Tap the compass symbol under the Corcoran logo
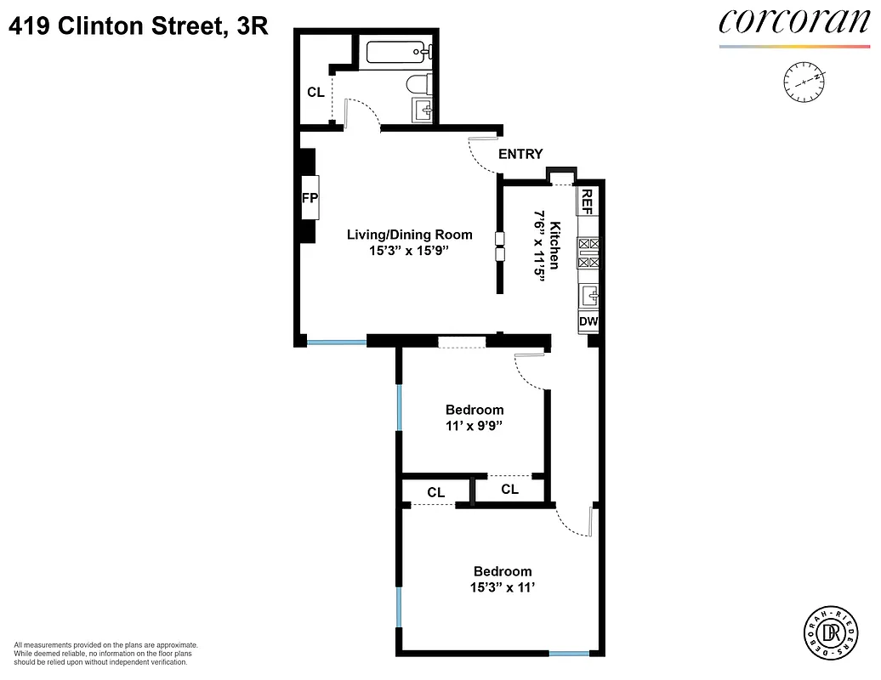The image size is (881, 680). click(804, 80)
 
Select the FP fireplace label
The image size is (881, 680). click(309, 197)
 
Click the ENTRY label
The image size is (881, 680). click(520, 154)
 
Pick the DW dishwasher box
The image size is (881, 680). click(588, 322)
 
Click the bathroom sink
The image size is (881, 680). click(423, 110)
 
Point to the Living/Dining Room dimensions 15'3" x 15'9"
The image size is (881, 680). click(409, 251)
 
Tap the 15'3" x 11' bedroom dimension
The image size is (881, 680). click(503, 587)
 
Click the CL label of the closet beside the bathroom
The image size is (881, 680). click(315, 92)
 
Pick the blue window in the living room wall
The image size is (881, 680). click(337, 342)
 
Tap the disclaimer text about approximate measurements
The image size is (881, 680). click(106, 654)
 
